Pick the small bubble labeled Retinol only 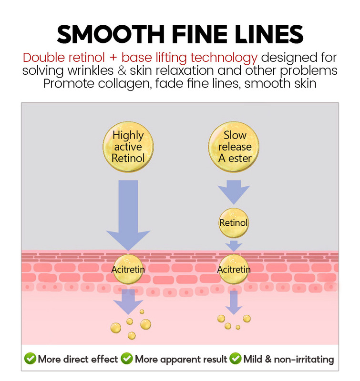point(234,222)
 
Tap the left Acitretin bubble point(128,270)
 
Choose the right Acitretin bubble point(234,270)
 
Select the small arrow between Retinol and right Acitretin point(234,245)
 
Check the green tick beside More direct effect point(30,359)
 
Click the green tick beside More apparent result point(127,359)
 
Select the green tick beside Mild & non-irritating point(236,359)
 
